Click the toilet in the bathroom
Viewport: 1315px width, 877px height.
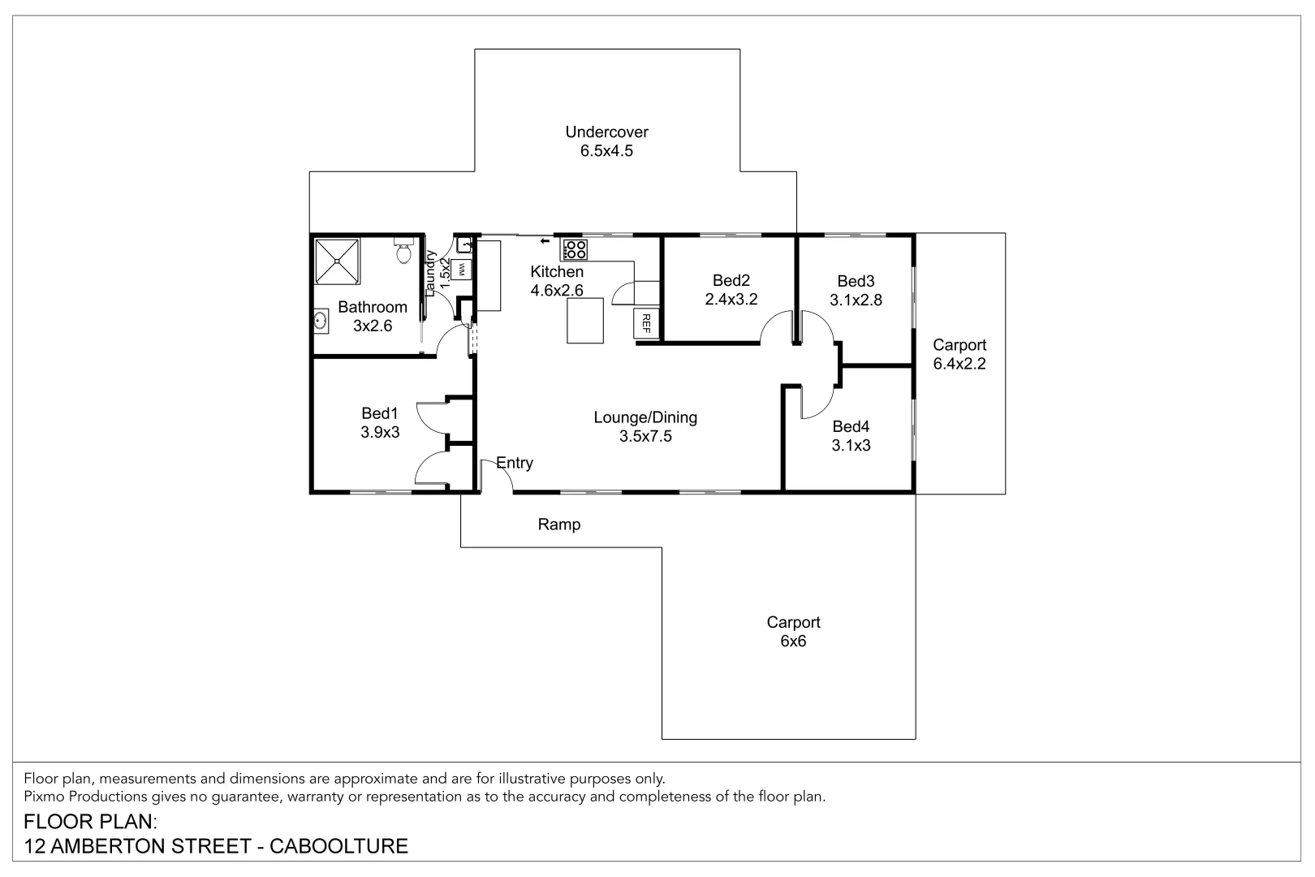click(x=403, y=252)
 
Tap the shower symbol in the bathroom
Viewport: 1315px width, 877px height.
click(x=336, y=261)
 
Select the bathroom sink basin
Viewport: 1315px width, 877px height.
click(x=321, y=322)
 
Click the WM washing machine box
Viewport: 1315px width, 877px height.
click(x=461, y=269)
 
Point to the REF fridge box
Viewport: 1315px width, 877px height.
click(x=646, y=324)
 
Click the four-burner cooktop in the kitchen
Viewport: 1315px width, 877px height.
click(x=575, y=249)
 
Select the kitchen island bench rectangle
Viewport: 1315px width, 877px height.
click(x=585, y=321)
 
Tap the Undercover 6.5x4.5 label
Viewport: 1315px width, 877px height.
click(x=606, y=141)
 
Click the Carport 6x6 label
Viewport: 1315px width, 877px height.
click(x=793, y=632)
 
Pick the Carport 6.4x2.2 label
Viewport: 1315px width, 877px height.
click(x=959, y=355)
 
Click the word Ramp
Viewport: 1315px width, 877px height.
click(x=559, y=525)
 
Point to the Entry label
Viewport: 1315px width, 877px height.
click(x=515, y=463)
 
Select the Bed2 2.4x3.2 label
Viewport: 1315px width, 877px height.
click(x=731, y=290)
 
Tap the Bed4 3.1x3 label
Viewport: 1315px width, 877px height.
click(x=851, y=436)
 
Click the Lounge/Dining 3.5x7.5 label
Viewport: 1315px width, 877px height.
click(x=645, y=427)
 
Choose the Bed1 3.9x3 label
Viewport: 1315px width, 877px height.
click(x=380, y=423)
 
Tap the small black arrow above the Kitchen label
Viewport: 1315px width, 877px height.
click(x=544, y=241)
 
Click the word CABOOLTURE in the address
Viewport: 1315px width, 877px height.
click(x=338, y=846)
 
